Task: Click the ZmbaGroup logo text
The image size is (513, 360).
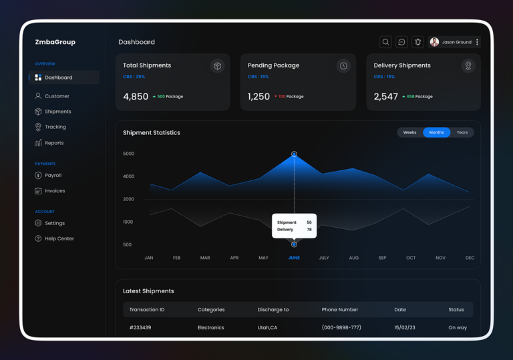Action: coord(55,42)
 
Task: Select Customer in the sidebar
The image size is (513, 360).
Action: coord(57,96)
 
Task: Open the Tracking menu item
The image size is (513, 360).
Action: coord(55,127)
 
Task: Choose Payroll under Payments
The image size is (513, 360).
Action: coord(53,175)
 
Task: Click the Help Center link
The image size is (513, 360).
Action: coord(59,238)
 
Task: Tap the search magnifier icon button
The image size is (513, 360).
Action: coord(385,42)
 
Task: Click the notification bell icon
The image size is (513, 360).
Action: coord(417,42)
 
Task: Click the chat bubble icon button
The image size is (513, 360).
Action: coord(401,42)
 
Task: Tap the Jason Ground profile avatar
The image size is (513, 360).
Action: coord(434,42)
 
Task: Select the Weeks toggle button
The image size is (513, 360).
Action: coord(409,132)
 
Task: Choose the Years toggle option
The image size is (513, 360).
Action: coord(462,132)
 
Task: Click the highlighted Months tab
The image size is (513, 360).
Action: coord(436,132)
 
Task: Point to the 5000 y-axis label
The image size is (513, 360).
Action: coord(128,154)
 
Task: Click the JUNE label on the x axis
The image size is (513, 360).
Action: coord(294,258)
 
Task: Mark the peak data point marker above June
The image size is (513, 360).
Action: coord(294,154)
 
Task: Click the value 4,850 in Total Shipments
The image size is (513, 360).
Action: coord(136,96)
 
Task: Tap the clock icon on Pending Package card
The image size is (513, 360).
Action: coord(343,65)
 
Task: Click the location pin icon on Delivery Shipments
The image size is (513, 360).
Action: coord(468,65)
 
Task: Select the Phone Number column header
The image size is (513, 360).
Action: coord(340,310)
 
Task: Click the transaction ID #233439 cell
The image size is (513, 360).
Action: coord(140,328)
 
